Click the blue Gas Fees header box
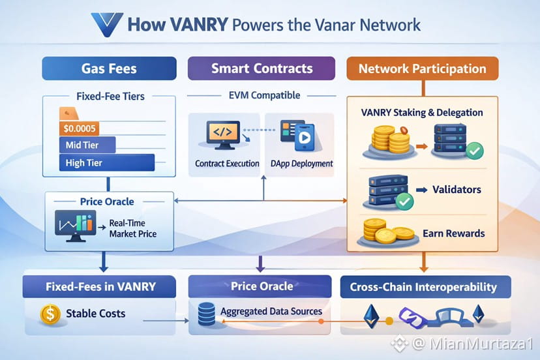pos(109,68)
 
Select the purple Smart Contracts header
pos(262,68)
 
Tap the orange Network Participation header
pos(422,68)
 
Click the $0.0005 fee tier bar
pos(78,127)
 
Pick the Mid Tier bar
pos(87,144)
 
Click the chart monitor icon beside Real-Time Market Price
pos(73,225)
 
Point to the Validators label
pos(457,190)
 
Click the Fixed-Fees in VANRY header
pos(100,287)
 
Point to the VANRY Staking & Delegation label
pos(421,113)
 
